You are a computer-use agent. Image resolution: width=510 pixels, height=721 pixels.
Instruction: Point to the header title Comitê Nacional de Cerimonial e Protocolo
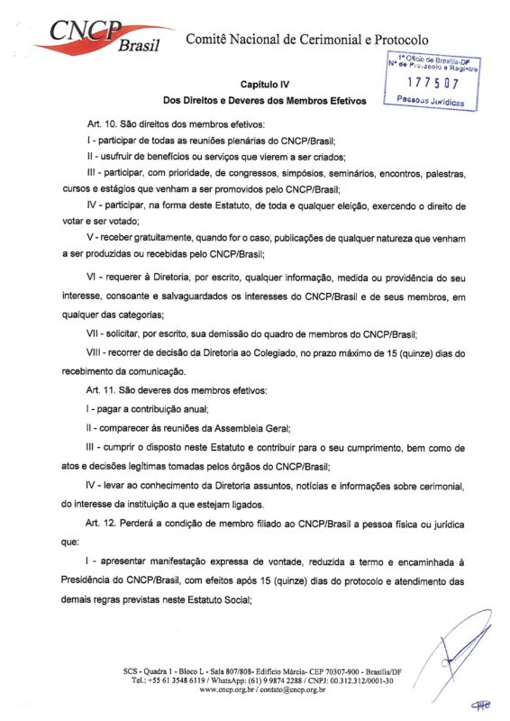click(x=307, y=40)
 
